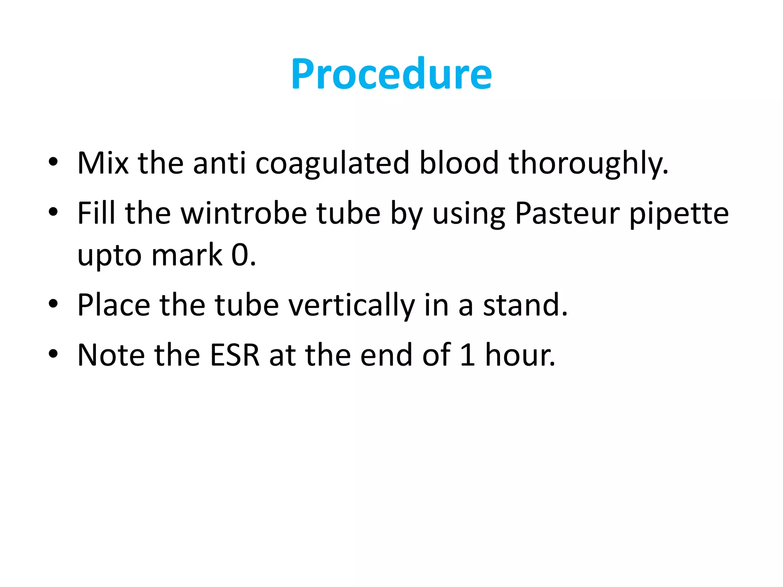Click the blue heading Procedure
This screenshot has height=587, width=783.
click(x=391, y=74)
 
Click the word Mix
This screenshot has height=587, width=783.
click(x=102, y=164)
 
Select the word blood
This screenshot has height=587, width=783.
click(x=459, y=164)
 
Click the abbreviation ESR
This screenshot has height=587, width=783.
click(x=235, y=355)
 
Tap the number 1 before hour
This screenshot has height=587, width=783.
click(x=467, y=355)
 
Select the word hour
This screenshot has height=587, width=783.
click(x=520, y=355)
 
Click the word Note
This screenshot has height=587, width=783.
click(x=111, y=355)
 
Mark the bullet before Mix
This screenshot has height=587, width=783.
click(x=53, y=162)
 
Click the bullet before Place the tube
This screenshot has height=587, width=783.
click(x=53, y=304)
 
